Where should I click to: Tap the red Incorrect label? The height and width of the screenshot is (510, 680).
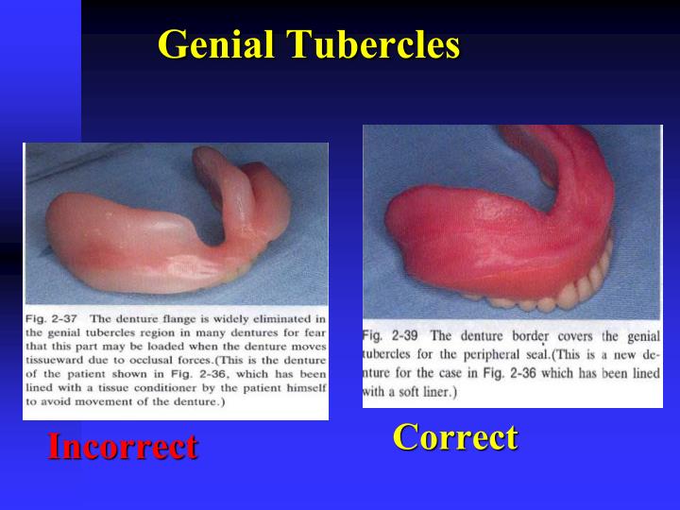123,446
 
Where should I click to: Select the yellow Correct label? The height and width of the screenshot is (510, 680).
455,436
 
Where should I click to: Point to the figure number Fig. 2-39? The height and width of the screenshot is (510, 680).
389,335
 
